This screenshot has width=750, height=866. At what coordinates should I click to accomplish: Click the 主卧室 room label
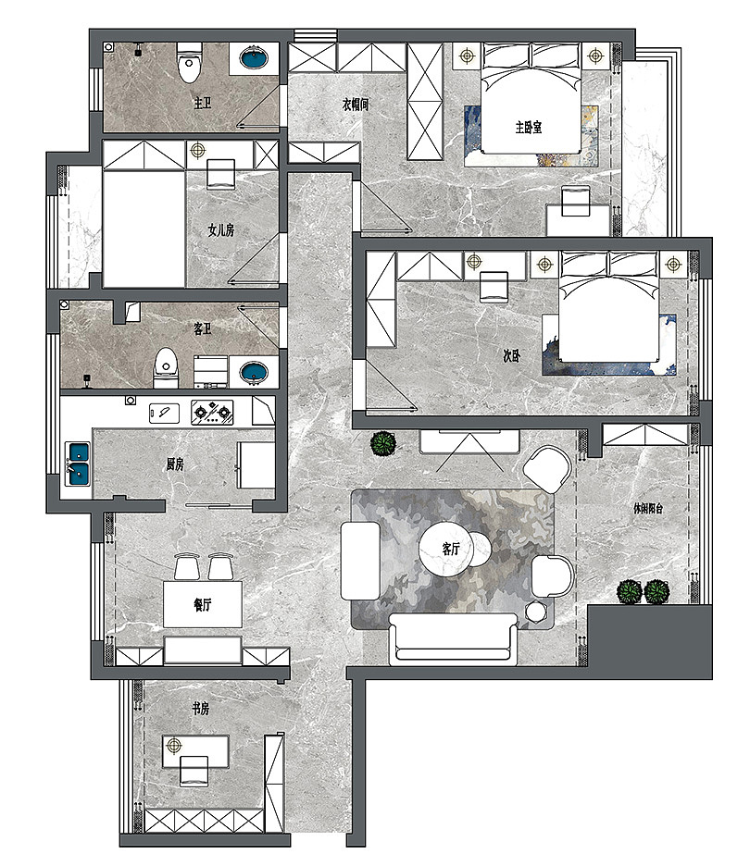529,128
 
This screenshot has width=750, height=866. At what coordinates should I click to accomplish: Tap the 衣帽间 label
356,104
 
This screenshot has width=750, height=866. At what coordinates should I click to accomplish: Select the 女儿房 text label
221,229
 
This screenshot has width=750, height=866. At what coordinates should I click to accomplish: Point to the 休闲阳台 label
648,508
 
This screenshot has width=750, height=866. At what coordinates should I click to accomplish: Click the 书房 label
201,709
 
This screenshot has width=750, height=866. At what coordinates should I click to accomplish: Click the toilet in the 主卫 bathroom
190,61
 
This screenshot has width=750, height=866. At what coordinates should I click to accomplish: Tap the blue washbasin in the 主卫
254,57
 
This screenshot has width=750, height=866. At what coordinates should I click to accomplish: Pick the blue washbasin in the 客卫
254,372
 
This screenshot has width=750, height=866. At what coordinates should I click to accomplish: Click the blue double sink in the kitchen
78,464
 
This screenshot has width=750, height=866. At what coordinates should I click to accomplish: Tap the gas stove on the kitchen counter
212,412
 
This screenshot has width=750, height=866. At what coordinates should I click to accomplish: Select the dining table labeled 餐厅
203,603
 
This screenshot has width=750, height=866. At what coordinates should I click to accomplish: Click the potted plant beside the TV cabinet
383,444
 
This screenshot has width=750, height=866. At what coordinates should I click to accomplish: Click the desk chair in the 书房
194,771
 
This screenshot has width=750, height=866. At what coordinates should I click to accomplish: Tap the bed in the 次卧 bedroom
609,307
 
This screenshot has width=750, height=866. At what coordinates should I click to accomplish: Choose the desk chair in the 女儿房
221,174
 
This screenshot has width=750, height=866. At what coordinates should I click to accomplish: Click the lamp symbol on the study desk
173,746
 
